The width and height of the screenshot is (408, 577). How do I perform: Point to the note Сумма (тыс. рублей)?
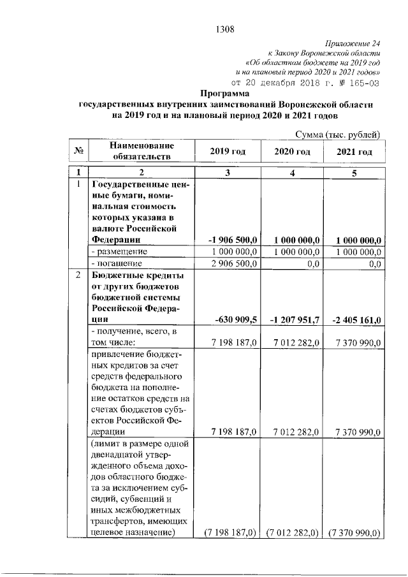coord(338,134)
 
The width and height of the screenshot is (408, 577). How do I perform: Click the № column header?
coord(79,151)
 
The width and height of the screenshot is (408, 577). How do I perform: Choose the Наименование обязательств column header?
coord(141,151)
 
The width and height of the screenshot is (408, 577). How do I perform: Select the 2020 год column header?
coord(292,151)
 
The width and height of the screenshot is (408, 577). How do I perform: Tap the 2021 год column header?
coord(354,152)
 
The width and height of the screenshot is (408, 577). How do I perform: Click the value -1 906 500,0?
coord(233,240)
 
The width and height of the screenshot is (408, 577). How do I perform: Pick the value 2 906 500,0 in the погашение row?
coord(233,263)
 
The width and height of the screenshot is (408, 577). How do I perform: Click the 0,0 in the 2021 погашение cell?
coord(375,263)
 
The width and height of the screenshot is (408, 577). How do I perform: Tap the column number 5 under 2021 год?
coord(354,173)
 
